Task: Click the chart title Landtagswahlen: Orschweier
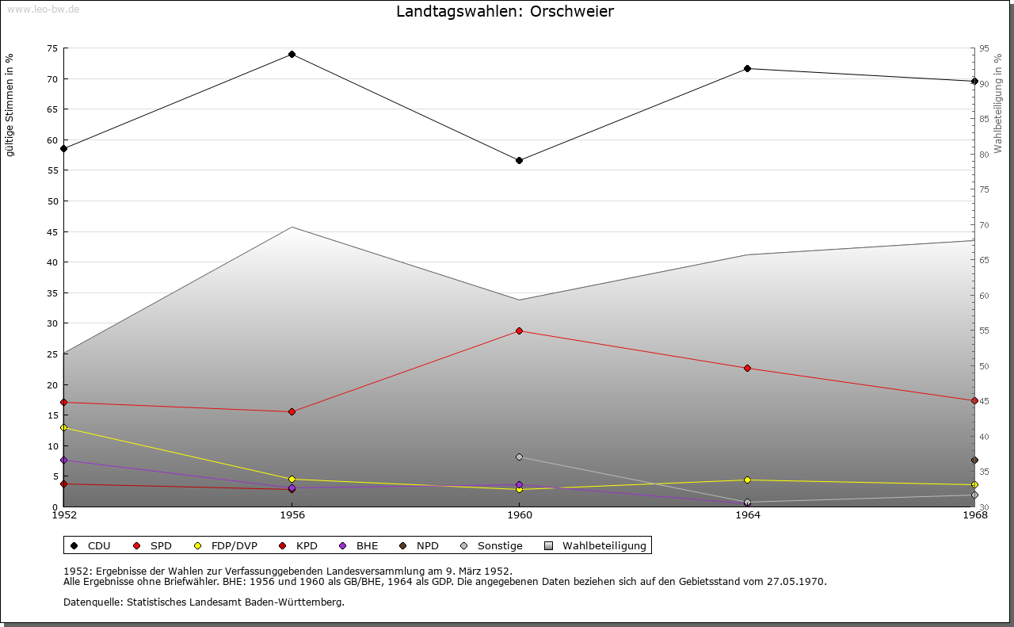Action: [x=505, y=12]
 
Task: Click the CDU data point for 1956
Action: [x=292, y=55]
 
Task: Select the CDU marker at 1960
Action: [x=519, y=160]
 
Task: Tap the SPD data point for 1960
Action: [x=519, y=331]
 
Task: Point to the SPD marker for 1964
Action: [x=747, y=368]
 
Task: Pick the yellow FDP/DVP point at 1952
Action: [x=64, y=427]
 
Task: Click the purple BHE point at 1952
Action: [x=64, y=460]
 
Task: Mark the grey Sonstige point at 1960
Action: [x=519, y=457]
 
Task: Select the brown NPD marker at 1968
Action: [x=974, y=460]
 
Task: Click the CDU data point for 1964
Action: [x=747, y=68]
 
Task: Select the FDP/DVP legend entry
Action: [x=226, y=545]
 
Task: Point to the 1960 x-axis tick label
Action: [x=519, y=515]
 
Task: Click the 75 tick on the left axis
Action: [x=52, y=48]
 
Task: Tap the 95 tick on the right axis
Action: [x=984, y=48]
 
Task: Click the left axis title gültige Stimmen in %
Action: [x=10, y=105]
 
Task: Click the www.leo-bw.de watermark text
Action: [x=42, y=10]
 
